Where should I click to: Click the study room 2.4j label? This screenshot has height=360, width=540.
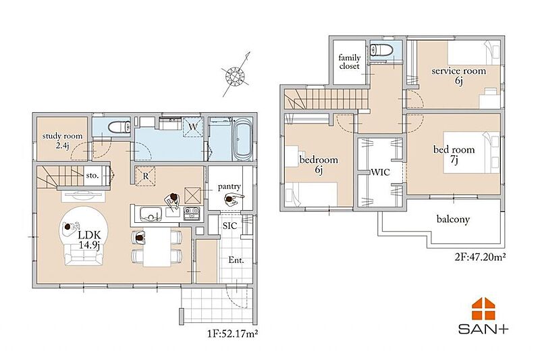62,140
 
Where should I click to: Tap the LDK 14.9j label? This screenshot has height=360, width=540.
89,240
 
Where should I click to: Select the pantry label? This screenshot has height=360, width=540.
229,186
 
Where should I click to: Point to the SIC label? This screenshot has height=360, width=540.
230,226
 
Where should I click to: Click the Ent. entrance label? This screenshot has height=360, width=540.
236,260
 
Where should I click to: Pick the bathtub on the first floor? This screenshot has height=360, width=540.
242,139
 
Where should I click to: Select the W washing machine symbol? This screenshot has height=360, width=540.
193,127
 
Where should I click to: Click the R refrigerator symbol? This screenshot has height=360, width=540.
146,176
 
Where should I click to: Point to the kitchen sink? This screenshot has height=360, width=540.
151,214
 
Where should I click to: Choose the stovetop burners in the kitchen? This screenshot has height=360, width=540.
192,213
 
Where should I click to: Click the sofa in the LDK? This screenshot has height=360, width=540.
84,254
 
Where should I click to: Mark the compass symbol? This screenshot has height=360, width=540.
236,75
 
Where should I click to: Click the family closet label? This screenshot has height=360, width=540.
349,61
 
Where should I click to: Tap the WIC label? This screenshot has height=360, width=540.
381,172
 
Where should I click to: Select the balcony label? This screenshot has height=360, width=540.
453,220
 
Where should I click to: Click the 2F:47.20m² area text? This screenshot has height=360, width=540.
480,257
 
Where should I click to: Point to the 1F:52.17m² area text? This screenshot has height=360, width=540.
233,334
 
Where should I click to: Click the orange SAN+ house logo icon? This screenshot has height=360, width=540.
483,308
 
